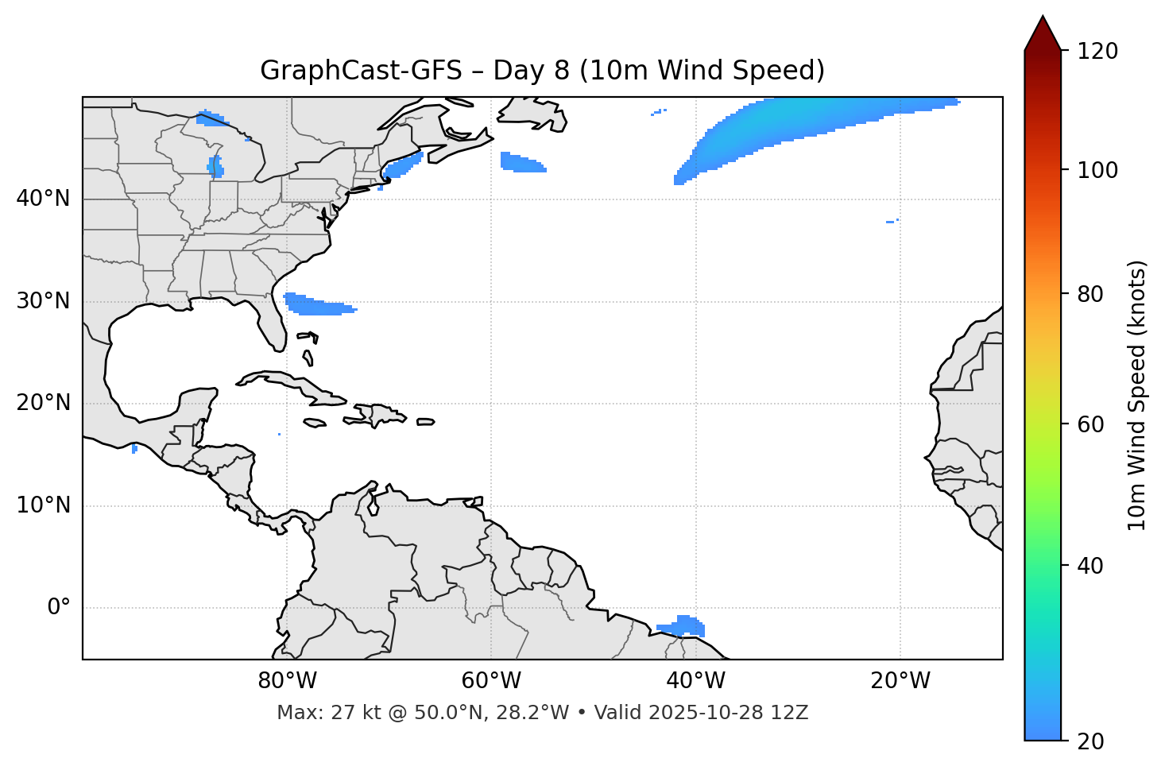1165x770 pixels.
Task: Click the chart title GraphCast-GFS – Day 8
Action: [542, 71]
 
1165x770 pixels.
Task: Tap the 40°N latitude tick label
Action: [43, 199]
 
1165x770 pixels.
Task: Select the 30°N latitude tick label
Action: [43, 301]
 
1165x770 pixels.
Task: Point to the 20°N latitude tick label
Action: [43, 403]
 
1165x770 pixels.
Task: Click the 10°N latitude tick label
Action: [43, 505]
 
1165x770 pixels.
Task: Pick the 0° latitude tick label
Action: [59, 608]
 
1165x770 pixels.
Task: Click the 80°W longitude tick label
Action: [287, 681]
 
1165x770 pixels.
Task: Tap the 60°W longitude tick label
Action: [491, 681]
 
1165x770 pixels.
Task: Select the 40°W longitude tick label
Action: [695, 681]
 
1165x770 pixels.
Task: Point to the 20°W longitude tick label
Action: [900, 681]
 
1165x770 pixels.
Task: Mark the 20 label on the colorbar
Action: [1090, 741]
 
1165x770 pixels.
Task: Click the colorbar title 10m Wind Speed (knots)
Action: [1137, 395]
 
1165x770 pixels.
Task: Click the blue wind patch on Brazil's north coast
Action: [684, 626]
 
